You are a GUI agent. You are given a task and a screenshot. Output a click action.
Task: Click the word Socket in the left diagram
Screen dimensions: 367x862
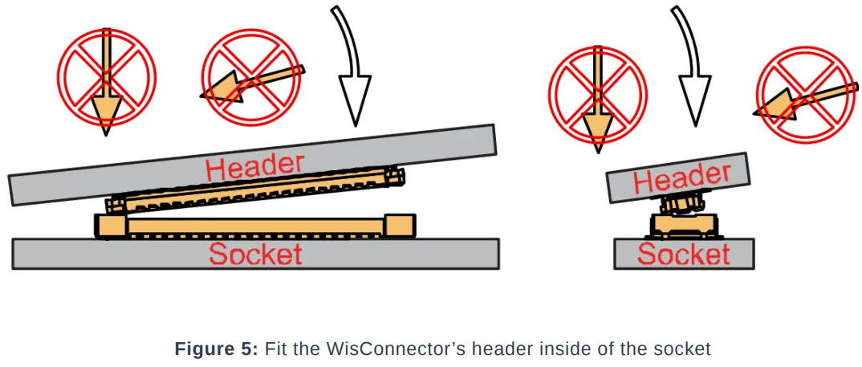tap(255, 254)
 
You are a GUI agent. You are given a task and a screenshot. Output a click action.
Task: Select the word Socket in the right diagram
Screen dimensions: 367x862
tap(683, 255)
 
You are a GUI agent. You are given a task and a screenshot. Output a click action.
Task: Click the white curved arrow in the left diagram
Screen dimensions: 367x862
tap(352, 80)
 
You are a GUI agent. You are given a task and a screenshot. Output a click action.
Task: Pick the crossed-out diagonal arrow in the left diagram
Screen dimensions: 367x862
tap(250, 79)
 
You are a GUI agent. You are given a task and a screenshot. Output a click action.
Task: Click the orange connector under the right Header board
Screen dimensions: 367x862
tap(684, 203)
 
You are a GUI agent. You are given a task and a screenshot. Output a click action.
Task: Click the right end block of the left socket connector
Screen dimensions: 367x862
tap(399, 226)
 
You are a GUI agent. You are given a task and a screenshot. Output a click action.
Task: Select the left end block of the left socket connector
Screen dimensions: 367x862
tap(112, 226)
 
